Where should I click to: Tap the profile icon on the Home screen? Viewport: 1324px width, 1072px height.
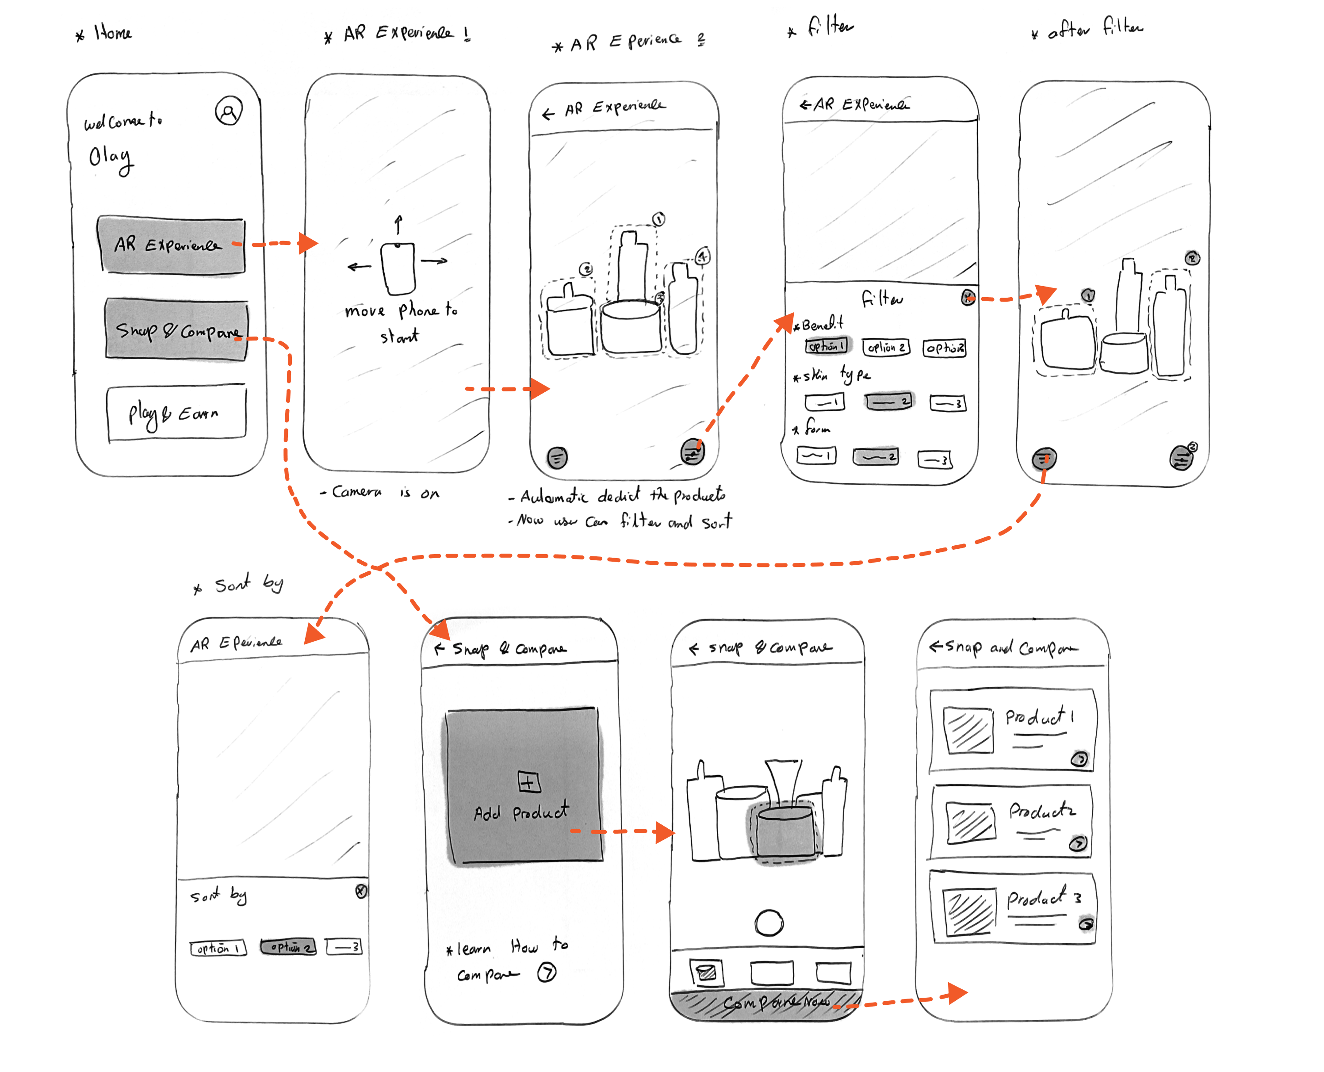229,111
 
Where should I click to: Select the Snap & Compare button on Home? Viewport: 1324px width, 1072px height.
176,330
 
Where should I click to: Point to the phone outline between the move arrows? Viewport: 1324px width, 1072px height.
398,268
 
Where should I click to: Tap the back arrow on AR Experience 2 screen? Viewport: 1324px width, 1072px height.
548,114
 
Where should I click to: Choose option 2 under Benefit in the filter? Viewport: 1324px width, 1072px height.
886,348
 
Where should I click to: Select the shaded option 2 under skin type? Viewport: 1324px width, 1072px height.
888,402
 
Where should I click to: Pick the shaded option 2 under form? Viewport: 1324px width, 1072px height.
876,457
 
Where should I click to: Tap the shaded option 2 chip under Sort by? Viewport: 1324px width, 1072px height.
288,947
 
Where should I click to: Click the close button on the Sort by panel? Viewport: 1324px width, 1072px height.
361,891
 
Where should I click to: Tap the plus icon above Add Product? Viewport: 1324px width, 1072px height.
528,782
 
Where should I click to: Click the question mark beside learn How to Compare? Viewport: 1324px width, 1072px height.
547,973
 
